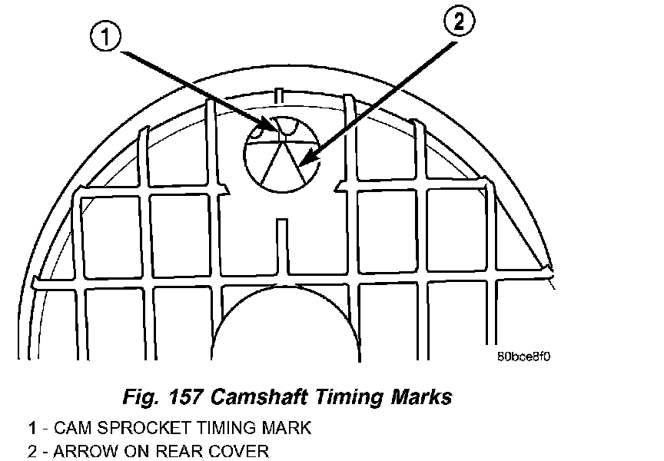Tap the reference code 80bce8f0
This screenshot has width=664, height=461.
pyautogui.click(x=525, y=357)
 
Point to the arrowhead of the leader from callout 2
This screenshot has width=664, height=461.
pyautogui.click(x=302, y=163)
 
